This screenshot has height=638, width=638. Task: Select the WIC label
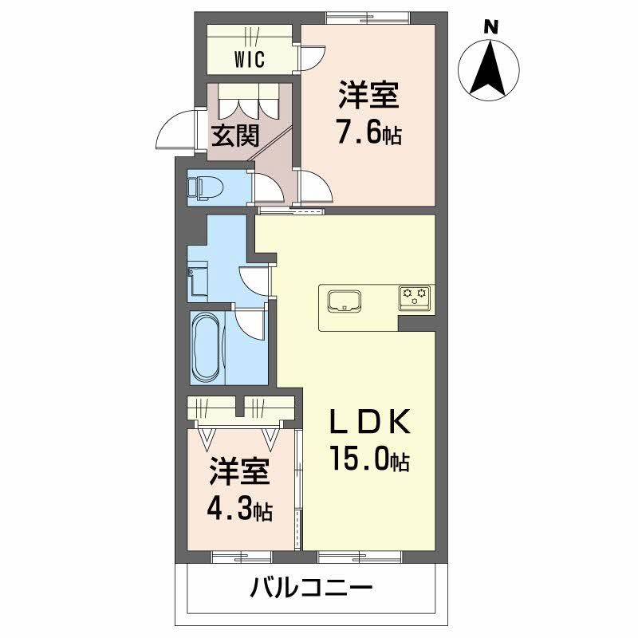click(x=250, y=60)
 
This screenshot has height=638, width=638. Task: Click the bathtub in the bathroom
click(x=209, y=347)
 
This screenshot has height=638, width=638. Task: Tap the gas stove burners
click(x=415, y=298)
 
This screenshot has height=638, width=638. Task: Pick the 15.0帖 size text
click(x=369, y=459)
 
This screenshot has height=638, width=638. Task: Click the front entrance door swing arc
click(x=174, y=134)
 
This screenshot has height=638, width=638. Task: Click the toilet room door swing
click(x=267, y=189)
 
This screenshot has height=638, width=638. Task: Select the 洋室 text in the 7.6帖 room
click(x=368, y=97)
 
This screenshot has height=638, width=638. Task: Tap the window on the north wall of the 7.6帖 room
click(x=368, y=17)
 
